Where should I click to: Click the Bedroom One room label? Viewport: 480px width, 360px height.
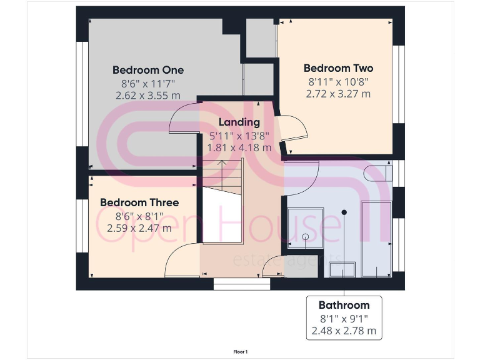pyautogui.click(x=148, y=70)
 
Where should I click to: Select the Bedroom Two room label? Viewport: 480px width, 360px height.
pyautogui.click(x=338, y=68)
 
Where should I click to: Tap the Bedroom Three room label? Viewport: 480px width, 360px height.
pyautogui.click(x=139, y=202)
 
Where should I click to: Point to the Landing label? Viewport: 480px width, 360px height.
pyautogui.click(x=239, y=122)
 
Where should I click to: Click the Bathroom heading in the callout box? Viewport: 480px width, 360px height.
pyautogui.click(x=344, y=305)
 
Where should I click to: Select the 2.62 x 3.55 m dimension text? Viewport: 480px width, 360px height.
pyautogui.click(x=148, y=96)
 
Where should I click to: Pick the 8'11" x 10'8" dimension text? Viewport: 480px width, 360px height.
pyautogui.click(x=338, y=81)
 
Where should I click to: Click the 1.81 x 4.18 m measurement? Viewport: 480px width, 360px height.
pyautogui.click(x=239, y=148)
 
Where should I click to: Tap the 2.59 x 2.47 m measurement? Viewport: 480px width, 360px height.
pyautogui.click(x=139, y=228)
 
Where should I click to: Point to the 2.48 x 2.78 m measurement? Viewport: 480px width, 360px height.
pyautogui.click(x=344, y=331)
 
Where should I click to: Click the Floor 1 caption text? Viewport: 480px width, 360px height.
pyautogui.click(x=240, y=352)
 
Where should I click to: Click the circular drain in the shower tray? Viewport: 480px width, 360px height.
pyautogui.click(x=305, y=237)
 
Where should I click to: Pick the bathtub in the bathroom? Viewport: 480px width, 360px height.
pyautogui.click(x=377, y=237)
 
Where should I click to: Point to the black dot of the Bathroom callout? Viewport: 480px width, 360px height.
pyautogui.click(x=344, y=213)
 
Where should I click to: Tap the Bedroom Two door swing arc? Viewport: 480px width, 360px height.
pyautogui.click(x=295, y=130)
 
